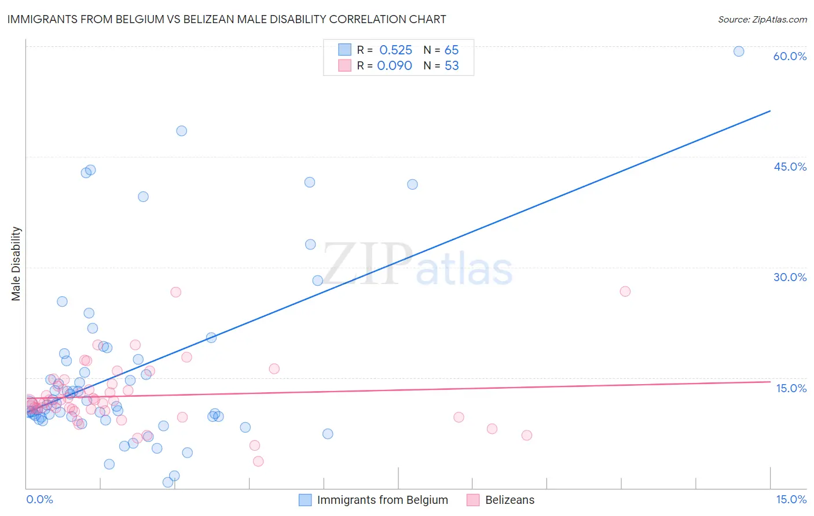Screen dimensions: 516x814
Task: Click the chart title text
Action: pyautogui.click(x=226, y=19)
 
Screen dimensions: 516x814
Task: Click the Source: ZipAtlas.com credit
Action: pyautogui.click(x=762, y=19)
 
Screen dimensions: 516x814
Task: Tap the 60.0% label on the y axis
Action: pyautogui.click(x=790, y=56)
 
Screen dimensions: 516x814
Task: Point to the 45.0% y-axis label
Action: pyautogui.click(x=790, y=167)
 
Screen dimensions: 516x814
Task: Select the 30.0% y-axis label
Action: pyautogui.click(x=790, y=277)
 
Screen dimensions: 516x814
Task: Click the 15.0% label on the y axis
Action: pyautogui.click(x=791, y=388)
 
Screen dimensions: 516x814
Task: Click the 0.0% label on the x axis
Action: pyautogui.click(x=39, y=499)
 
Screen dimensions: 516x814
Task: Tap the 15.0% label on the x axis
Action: pyautogui.click(x=791, y=499)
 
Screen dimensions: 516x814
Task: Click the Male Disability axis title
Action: pyautogui.click(x=16, y=263)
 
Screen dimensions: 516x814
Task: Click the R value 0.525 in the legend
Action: pyautogui.click(x=395, y=50)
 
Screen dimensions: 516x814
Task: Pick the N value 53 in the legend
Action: pyautogui.click(x=452, y=66)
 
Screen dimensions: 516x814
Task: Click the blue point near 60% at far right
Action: pyautogui.click(x=739, y=51)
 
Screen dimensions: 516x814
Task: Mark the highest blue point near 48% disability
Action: pyautogui.click(x=181, y=131)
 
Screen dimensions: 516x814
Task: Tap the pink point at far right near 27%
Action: pyautogui.click(x=625, y=291)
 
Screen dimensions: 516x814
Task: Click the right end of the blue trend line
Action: pyautogui.click(x=770, y=110)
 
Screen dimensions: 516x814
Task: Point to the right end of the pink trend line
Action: pyautogui.click(x=770, y=382)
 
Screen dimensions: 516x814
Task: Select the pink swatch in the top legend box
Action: pyautogui.click(x=345, y=65)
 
